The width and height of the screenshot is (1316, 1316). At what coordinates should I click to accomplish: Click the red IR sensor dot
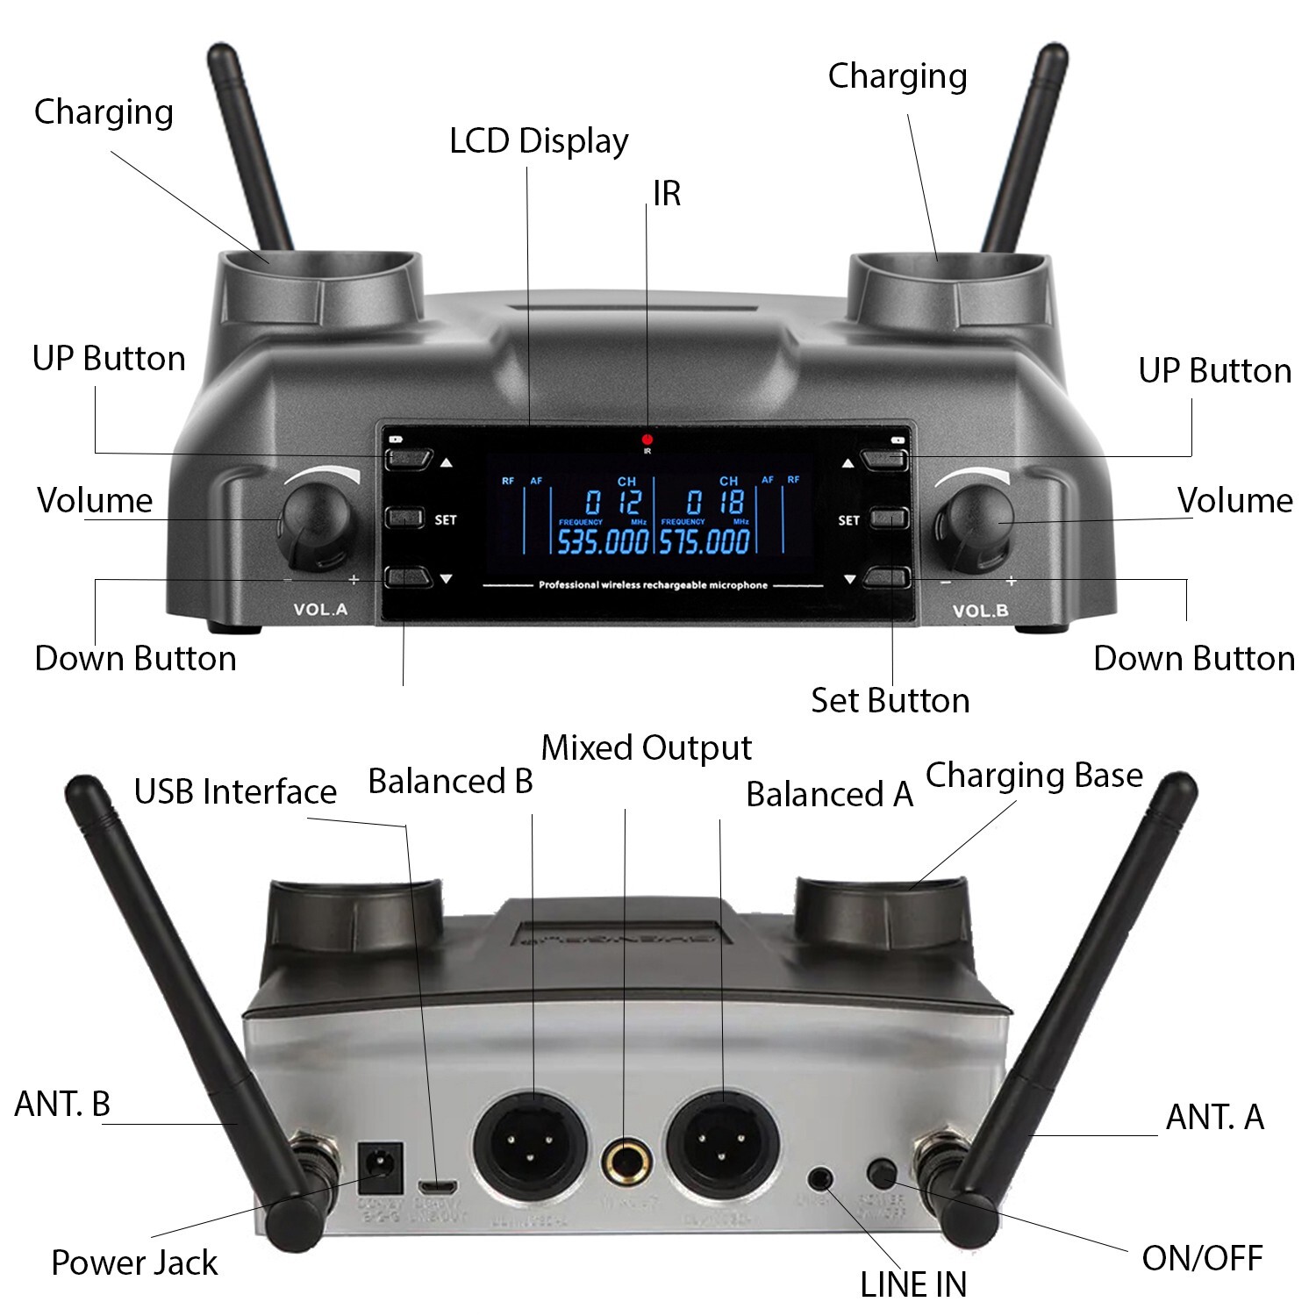tap(647, 440)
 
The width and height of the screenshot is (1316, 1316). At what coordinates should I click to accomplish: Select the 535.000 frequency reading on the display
tap(603, 542)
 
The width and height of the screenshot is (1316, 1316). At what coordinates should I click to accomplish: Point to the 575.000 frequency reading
tap(704, 542)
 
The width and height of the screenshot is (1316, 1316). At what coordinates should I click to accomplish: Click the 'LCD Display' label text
tap(539, 141)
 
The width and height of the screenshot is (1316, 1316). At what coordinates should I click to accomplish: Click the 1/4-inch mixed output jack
tap(626, 1163)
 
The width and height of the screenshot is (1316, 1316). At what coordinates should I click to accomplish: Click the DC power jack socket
tap(381, 1166)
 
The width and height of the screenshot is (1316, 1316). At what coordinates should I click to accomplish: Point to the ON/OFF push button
tap(881, 1171)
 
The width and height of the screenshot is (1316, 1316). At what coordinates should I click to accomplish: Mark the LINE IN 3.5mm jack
tap(821, 1177)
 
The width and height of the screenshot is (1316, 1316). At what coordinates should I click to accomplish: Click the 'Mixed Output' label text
tap(647, 748)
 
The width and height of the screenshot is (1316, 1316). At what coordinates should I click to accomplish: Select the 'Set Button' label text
tap(890, 701)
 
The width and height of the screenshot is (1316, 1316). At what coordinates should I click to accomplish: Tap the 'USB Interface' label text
tap(235, 791)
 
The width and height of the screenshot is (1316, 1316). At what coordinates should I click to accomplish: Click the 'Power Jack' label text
tap(134, 1262)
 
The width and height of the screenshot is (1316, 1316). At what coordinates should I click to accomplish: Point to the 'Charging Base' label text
tap(1033, 776)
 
